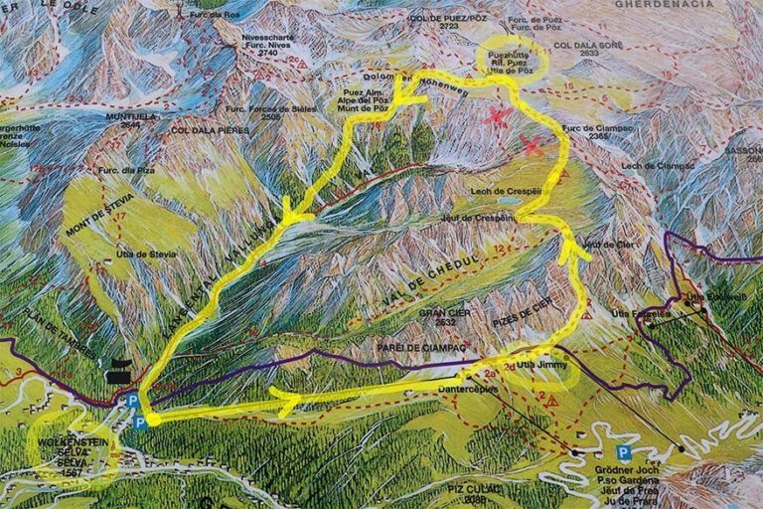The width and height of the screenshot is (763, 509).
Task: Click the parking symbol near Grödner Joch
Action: point(623,452)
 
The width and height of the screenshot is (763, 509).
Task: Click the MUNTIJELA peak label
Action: point(129,115)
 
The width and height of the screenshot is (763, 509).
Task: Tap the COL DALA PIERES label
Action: point(211,130)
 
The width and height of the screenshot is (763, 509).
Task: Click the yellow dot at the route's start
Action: point(152,420)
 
